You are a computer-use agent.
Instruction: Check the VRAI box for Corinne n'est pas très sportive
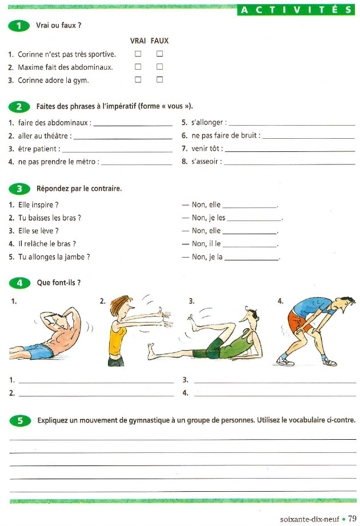click(x=138, y=54)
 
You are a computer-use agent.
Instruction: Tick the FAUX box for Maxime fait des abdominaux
click(x=160, y=67)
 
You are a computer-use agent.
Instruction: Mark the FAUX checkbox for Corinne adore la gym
click(x=160, y=80)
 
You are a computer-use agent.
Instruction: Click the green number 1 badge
click(x=21, y=26)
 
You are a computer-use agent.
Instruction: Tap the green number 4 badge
click(x=21, y=283)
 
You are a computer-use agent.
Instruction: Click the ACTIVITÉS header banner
click(x=297, y=10)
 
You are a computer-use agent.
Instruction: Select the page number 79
click(x=352, y=519)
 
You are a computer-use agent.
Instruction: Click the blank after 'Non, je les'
click(x=254, y=219)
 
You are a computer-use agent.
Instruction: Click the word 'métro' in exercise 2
click(x=85, y=162)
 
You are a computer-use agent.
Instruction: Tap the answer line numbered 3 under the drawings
click(x=274, y=380)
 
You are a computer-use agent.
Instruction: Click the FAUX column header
click(x=159, y=41)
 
